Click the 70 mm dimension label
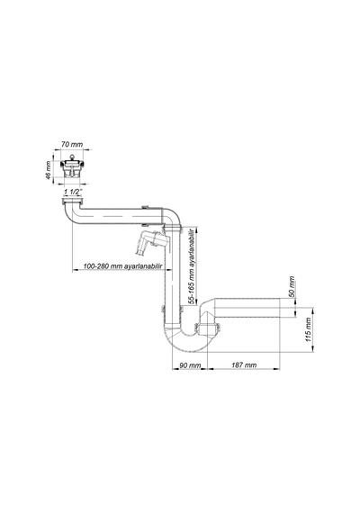coord(72,144)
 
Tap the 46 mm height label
coord(48,170)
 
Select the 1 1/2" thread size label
coord(73,192)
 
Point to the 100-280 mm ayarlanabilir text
coord(122,266)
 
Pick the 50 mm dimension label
coord(292,286)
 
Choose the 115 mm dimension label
coord(309,329)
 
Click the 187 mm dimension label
coord(244,365)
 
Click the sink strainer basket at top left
coord(72,166)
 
